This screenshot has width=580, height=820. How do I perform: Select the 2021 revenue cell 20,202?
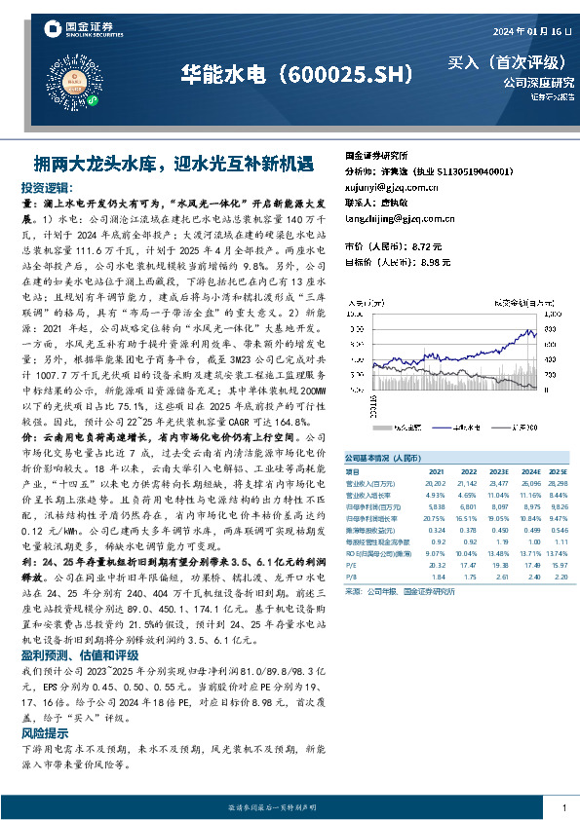click(435, 482)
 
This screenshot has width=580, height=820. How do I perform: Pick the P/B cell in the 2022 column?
click(468, 577)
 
